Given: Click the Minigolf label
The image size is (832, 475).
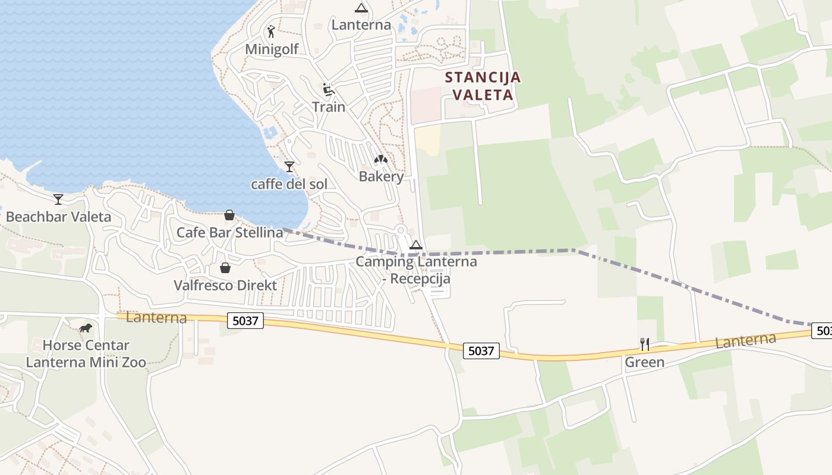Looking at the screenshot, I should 272,49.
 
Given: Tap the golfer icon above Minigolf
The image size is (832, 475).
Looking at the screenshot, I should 272,31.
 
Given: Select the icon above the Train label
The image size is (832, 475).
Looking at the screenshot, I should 329,90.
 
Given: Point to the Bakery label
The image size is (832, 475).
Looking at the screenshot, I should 381,176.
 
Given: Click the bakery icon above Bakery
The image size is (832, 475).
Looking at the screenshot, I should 381,159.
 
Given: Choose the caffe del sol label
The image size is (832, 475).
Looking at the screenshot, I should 289,184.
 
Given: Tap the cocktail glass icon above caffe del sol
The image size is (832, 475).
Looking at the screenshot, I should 289,167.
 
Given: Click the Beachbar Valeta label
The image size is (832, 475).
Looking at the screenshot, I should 58,217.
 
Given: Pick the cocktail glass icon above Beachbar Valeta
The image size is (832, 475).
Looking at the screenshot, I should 58,199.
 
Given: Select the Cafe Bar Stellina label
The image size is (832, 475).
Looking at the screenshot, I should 229,232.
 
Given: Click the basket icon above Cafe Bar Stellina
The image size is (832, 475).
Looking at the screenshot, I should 229,215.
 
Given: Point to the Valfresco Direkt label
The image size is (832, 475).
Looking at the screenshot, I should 225,285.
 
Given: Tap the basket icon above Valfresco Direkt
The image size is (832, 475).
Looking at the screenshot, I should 225,268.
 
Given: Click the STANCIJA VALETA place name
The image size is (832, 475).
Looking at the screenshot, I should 483,86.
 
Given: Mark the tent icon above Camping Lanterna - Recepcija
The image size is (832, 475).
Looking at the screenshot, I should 416,244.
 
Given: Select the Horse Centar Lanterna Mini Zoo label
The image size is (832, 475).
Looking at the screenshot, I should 86,354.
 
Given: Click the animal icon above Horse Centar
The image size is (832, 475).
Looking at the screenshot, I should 86,328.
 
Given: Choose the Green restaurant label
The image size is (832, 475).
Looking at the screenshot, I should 644,362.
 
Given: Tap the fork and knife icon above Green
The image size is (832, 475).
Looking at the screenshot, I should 644,344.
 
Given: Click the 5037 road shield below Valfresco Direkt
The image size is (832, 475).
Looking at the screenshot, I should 245,321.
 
